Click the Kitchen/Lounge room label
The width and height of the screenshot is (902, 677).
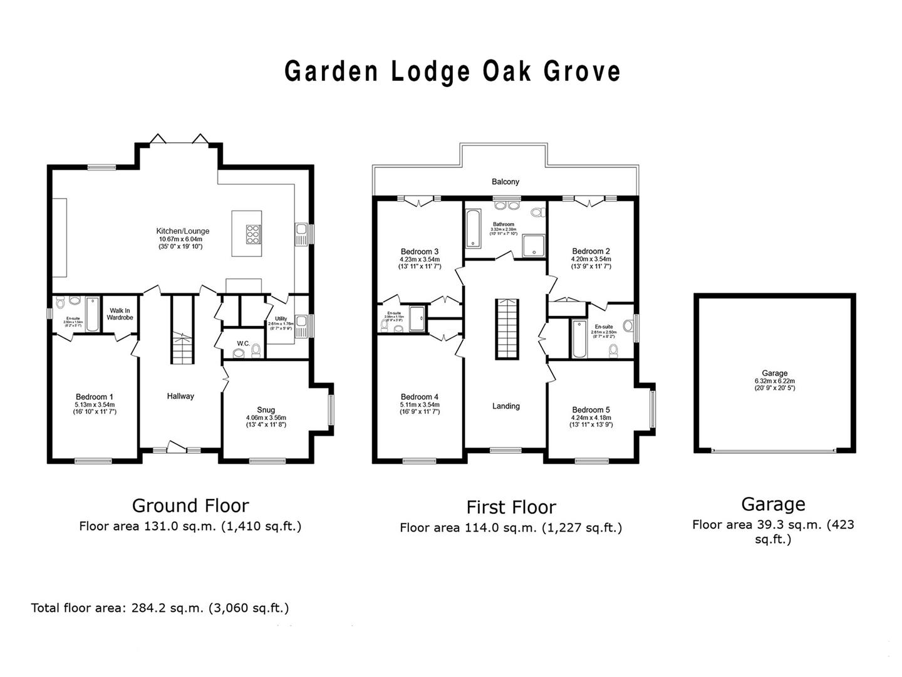click(183, 231)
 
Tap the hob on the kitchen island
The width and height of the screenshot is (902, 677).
click(254, 233)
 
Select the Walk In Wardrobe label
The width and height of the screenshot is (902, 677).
click(120, 313)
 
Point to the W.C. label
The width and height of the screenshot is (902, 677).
click(244, 343)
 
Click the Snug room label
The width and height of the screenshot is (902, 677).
click(266, 410)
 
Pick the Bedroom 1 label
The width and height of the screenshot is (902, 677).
click(95, 397)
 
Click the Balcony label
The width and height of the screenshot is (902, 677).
click(505, 182)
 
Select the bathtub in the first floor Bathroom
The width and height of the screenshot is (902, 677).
click(473, 228)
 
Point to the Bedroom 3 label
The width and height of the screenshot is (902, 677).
click(419, 251)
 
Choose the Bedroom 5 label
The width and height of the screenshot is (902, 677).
click(591, 410)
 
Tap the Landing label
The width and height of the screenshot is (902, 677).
click(505, 406)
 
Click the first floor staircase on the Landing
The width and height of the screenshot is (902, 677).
click(507, 329)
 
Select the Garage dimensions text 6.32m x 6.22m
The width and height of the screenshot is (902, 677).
click(774, 380)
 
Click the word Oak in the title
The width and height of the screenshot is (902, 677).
click(507, 71)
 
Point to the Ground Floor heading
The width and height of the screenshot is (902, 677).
click(190, 505)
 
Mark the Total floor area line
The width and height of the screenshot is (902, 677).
click(160, 607)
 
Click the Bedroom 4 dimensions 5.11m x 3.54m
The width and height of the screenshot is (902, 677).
click(420, 405)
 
